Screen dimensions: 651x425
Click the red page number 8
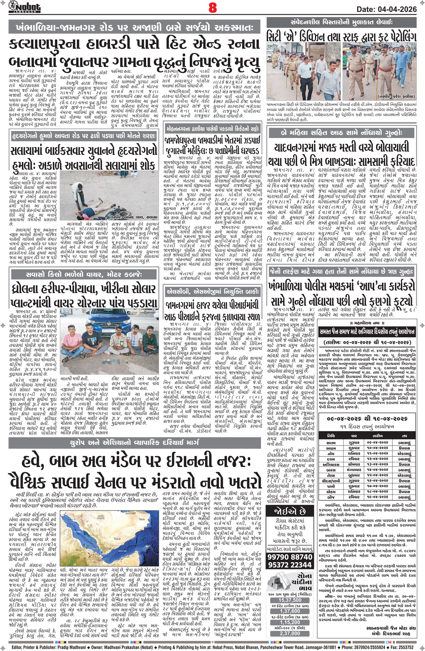213,7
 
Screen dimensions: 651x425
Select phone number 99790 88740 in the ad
290,557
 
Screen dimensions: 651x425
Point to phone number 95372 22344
290,565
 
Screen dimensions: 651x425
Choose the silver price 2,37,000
290,633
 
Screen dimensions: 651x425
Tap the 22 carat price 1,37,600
290,611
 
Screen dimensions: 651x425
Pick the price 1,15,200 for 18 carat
290,622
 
